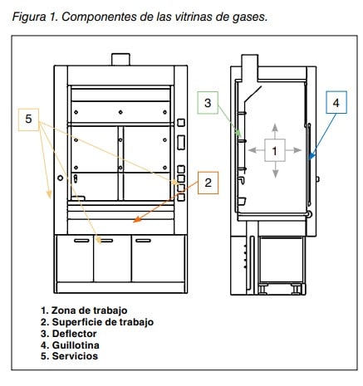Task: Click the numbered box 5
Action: click(28, 120)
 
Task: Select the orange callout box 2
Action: click(208, 183)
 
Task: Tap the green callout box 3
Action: click(208, 103)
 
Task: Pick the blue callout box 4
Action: click(336, 102)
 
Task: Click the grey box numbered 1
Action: click(275, 150)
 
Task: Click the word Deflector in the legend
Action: click(74, 334)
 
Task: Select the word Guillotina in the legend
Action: click(76, 345)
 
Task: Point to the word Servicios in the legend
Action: click(75, 356)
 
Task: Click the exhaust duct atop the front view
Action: click(120, 59)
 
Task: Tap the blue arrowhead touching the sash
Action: click(311, 156)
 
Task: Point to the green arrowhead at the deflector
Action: click(238, 133)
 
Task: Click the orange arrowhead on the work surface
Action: click(136, 220)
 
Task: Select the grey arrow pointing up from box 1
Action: click(275, 131)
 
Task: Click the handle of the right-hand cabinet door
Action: click(143, 241)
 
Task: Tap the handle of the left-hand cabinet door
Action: click(82, 241)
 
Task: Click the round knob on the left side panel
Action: click(61, 178)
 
